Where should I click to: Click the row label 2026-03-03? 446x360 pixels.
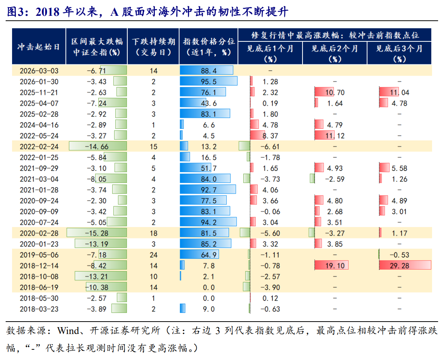pyautogui.click(x=39, y=71)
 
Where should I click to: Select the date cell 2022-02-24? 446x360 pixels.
pyautogui.click(x=39, y=146)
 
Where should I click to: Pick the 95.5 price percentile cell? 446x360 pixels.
pyautogui.click(x=209, y=82)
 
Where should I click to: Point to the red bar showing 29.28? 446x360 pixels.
pyautogui.click(x=405, y=265)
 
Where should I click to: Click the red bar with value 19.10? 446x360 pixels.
pyautogui.click(x=331, y=265)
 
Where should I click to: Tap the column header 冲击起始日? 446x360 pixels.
pyautogui.click(x=39, y=47)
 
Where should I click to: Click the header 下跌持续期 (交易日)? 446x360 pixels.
pyautogui.click(x=154, y=47)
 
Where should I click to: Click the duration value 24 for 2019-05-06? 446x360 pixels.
pyautogui.click(x=154, y=255)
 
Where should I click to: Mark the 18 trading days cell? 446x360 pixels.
pyautogui.click(x=154, y=233)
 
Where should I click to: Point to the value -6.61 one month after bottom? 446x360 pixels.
pyautogui.click(x=270, y=146)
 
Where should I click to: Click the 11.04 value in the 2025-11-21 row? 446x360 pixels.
pyautogui.click(x=399, y=92)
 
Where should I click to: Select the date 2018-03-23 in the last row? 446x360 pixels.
pyautogui.click(x=39, y=309)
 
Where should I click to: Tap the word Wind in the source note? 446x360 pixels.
pyautogui.click(x=67, y=331)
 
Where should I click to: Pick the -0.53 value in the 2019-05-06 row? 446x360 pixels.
pyautogui.click(x=399, y=255)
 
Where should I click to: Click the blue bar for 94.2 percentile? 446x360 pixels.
pyautogui.click(x=208, y=222)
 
